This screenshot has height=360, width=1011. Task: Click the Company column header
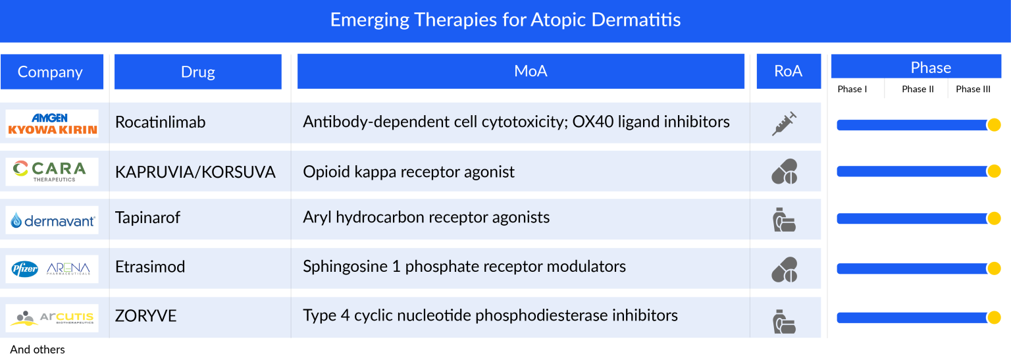pos(51,72)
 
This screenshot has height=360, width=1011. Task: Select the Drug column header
pos(197,72)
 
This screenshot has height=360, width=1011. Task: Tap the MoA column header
pos(530,71)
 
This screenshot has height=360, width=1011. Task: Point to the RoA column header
pos(788,71)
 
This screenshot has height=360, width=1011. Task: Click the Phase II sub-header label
pos(918,89)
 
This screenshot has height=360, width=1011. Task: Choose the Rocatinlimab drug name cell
pos(160,122)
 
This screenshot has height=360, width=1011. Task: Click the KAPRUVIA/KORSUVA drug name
pos(195,172)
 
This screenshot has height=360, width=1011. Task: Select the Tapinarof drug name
pos(147,217)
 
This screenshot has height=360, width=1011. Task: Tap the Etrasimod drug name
pos(149,267)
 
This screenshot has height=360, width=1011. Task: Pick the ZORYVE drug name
pos(145,316)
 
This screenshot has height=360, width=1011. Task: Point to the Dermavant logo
pos(53,220)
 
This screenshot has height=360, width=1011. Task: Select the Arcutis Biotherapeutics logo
pos(53,317)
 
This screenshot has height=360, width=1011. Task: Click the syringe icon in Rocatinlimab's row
pos(784,123)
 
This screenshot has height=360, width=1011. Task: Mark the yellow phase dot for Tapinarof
pos(994,219)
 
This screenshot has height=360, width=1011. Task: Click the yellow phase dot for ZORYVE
pos(994,318)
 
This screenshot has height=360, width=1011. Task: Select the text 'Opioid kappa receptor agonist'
pos(409,172)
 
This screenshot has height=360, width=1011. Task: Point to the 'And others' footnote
pos(38,349)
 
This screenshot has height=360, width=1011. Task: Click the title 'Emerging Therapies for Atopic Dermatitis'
pos(505,20)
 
